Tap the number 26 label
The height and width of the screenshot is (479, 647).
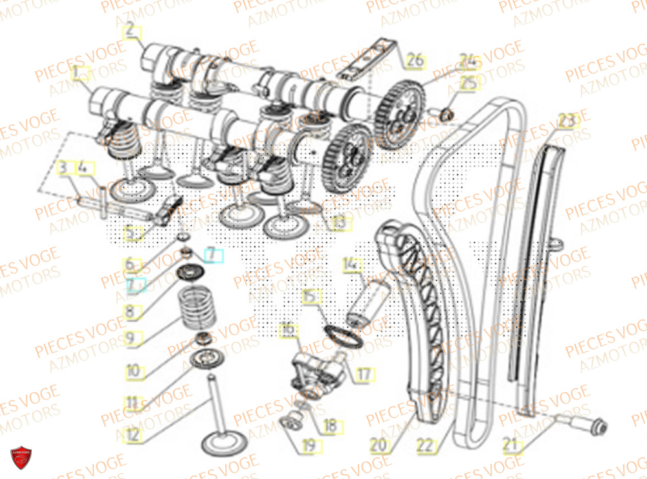413,61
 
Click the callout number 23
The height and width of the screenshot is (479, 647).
566,121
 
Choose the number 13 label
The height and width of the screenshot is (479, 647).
339,223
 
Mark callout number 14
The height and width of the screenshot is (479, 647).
350,264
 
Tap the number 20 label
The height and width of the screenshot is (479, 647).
377,445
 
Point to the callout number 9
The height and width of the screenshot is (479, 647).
130,338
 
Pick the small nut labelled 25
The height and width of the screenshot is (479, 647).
445,116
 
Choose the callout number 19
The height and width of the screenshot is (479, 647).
308,445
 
